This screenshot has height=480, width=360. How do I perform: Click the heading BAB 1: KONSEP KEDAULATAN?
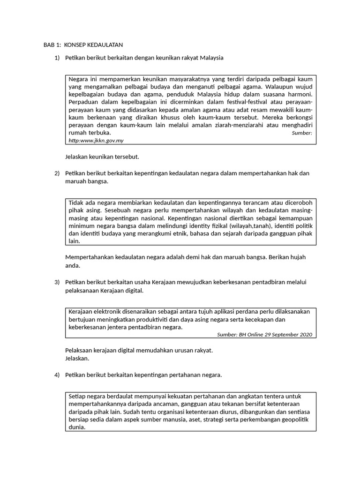coord(83,45)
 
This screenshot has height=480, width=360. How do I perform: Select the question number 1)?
coord(57,58)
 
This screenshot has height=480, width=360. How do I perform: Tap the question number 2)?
coord(57,173)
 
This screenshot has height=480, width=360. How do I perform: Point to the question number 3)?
coord(57,282)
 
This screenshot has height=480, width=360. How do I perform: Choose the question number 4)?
coord(57,375)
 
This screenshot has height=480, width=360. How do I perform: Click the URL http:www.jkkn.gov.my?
coord(96,140)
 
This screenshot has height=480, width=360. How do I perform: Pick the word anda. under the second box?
coord(73,265)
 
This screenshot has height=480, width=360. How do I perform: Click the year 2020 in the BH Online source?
coord(305,335)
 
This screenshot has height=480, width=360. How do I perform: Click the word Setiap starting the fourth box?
coord(78,396)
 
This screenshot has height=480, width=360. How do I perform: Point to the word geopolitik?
coord(294,420)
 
